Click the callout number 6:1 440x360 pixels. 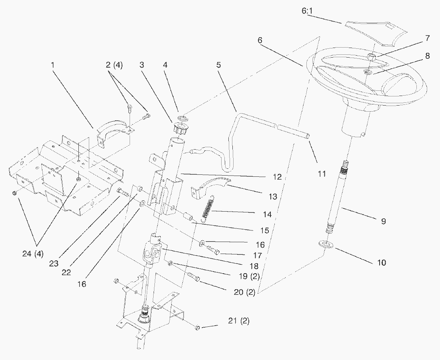[x=308, y=11]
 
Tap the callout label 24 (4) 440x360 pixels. [x=33, y=254]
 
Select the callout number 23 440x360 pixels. [x=54, y=264]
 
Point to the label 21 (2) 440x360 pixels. [x=238, y=321]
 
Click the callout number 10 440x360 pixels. [x=382, y=263]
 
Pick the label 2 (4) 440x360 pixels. [x=114, y=65]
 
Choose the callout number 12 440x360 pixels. [x=277, y=177]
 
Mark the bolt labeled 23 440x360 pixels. [x=123, y=192]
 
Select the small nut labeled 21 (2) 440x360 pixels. [x=197, y=328]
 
